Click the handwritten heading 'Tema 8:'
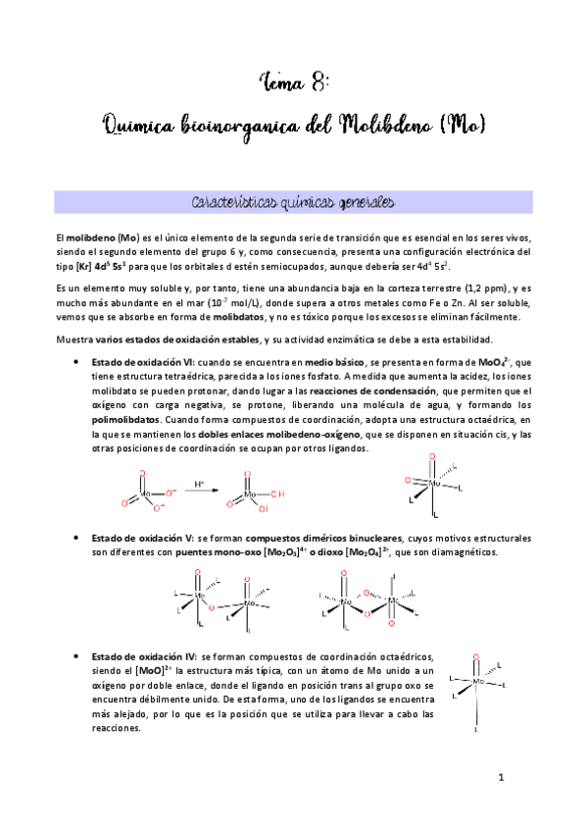click(x=293, y=80)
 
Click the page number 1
click(x=500, y=778)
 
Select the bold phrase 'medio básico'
click(x=335, y=363)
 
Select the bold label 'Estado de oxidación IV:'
click(x=145, y=655)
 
